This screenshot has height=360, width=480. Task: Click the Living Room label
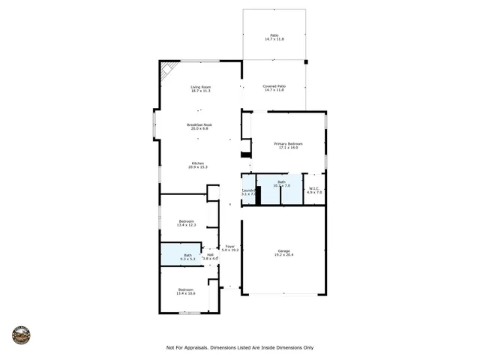point(200,87)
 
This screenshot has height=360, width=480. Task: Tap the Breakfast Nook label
point(199,124)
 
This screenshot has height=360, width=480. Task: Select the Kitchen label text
point(198,163)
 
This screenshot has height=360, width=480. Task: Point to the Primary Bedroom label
point(288,143)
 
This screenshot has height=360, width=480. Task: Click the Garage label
point(283,251)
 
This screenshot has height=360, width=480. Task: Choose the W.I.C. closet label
point(315,188)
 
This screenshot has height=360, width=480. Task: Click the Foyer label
point(230,246)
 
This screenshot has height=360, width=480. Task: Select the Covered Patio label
point(274,86)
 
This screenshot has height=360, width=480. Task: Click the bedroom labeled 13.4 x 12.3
point(186,221)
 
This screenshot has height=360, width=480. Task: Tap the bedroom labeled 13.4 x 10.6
point(186,290)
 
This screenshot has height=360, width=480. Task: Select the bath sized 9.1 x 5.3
point(188,256)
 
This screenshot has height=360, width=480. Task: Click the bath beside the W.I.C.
point(281,184)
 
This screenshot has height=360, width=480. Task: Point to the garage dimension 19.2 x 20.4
point(283,255)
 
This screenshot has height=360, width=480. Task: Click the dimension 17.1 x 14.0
point(288,148)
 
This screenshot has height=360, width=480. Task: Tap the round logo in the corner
point(21,334)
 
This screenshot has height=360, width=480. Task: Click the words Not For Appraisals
point(188,347)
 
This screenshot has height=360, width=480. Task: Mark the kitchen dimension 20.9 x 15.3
point(198,166)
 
